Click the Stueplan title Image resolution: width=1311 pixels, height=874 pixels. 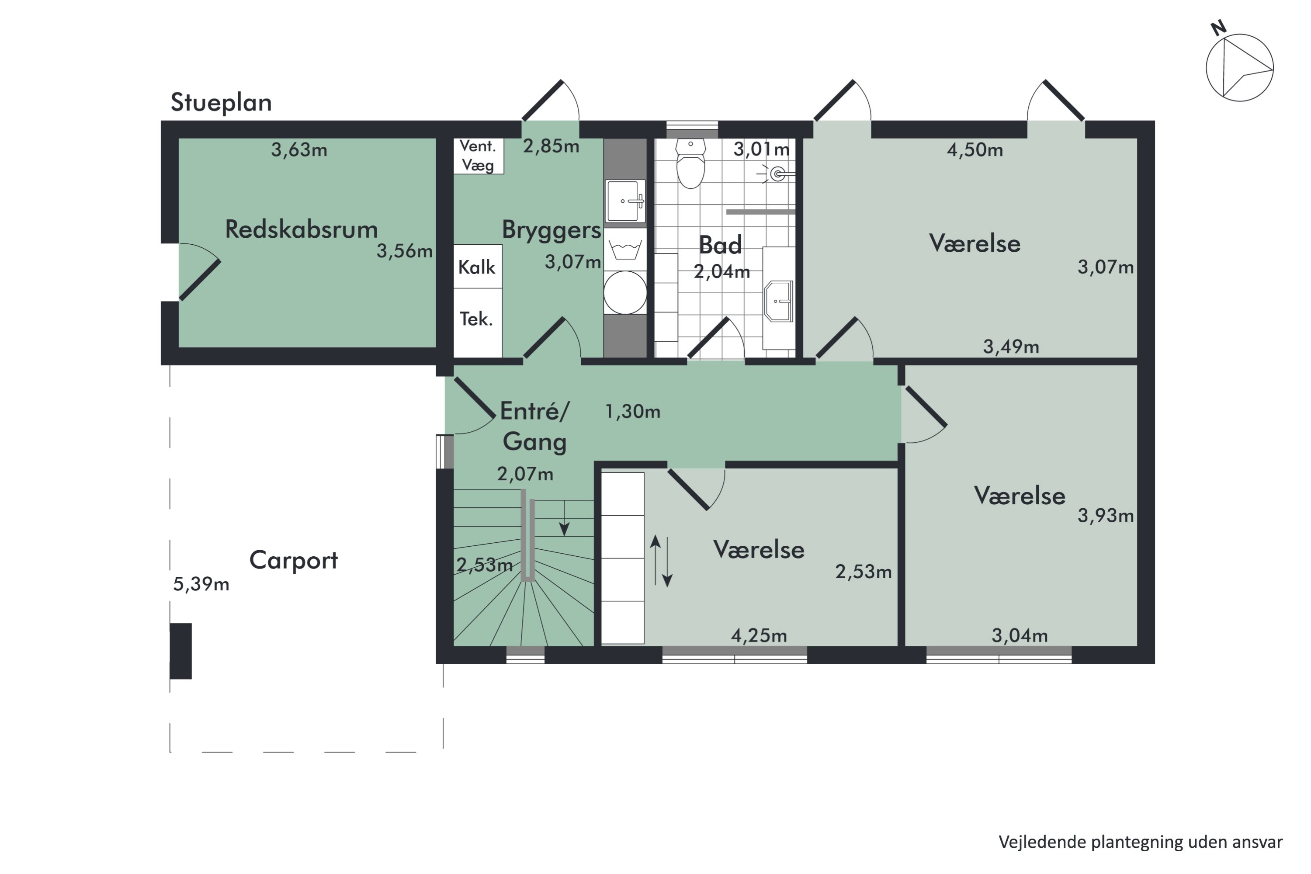[221, 103]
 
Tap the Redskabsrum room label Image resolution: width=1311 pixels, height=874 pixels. [302, 229]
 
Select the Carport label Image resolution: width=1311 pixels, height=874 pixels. [294, 560]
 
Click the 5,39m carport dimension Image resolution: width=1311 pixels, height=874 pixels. [201, 584]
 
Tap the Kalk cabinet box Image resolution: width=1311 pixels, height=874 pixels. [478, 267]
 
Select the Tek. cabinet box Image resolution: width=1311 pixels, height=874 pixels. [478, 323]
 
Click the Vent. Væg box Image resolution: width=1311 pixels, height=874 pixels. [478, 156]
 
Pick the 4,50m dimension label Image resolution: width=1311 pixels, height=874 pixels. [975, 150]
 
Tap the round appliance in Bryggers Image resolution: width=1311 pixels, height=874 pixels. [625, 293]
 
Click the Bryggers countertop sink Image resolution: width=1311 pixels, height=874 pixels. [625, 201]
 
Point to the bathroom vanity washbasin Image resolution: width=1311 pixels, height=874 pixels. [779, 301]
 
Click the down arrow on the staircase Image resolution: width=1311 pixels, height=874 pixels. [564, 518]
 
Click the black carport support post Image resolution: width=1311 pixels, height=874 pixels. [180, 651]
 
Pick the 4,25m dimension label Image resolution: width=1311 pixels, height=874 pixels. [759, 635]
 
